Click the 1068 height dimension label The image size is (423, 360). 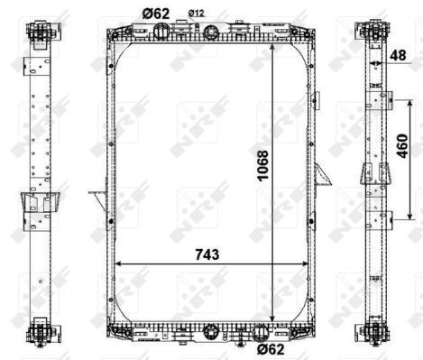(262, 166)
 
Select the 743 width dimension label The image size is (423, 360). (207, 254)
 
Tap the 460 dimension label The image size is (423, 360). (402, 146)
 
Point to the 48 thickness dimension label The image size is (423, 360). (398, 55)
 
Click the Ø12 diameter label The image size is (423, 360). (197, 13)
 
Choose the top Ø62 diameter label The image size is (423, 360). (156, 14)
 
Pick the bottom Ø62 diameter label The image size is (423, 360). (271, 349)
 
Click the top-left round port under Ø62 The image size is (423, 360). (161, 31)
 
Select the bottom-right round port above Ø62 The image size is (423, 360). (261, 333)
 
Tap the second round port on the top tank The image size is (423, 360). (210, 32)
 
